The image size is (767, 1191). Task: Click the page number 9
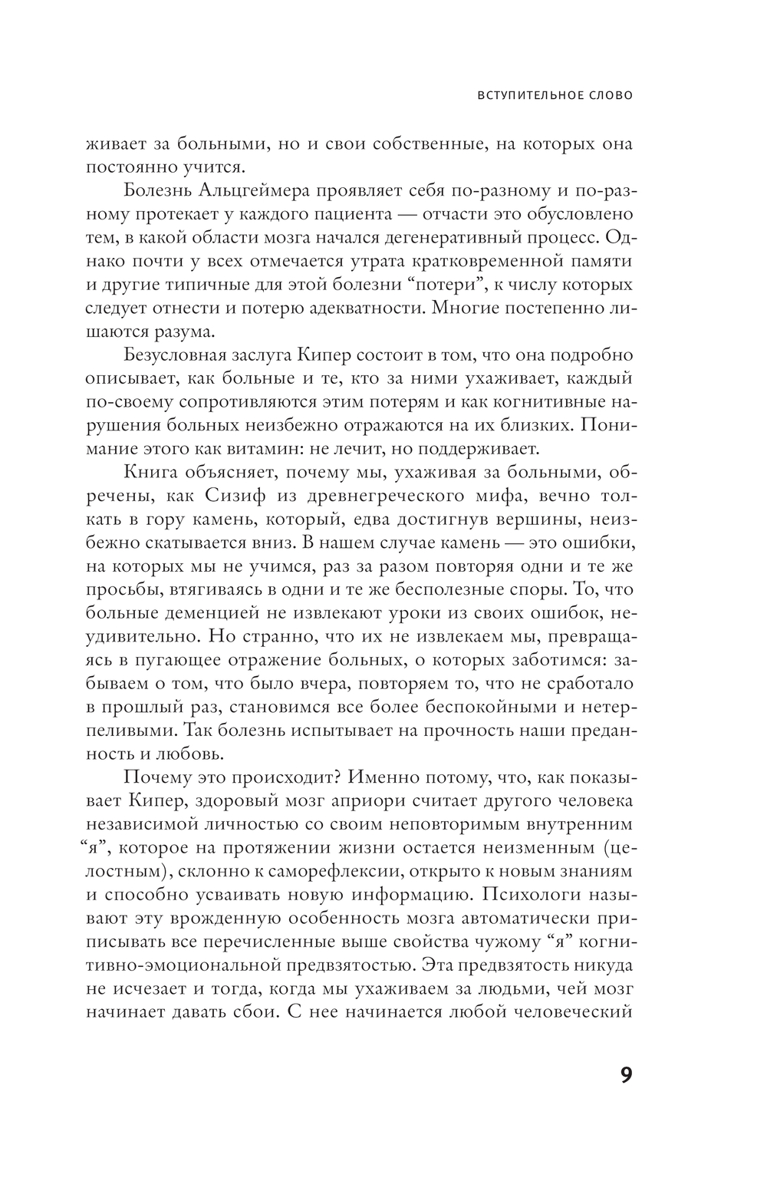click(625, 1075)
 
